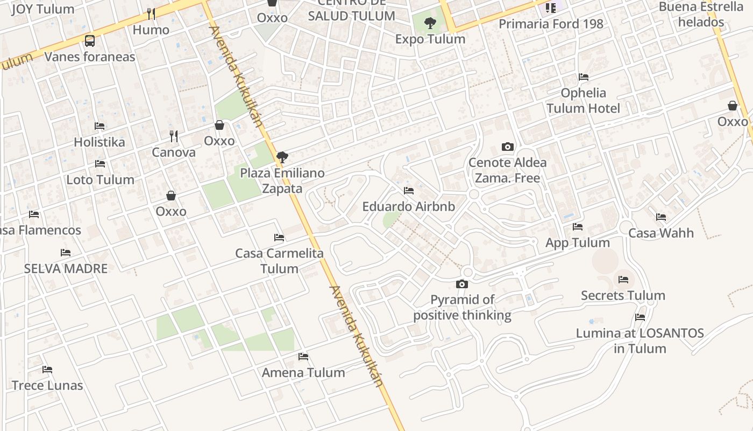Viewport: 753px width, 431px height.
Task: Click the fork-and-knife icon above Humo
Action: pos(151,13)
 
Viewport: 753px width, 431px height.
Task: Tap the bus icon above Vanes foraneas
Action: pos(90,40)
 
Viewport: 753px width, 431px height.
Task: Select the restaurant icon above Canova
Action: pos(173,136)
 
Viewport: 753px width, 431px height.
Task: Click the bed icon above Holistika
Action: pos(100,126)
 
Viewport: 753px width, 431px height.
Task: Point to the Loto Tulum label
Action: pos(100,179)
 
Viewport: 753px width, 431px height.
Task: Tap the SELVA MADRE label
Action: pos(66,268)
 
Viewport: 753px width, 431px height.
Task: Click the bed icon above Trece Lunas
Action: pos(47,370)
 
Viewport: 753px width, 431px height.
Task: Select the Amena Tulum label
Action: pos(303,372)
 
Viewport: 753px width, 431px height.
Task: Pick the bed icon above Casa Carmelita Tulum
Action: pos(279,237)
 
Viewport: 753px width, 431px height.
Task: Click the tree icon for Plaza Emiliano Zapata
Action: pos(282,157)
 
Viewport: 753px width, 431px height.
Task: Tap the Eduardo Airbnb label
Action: pos(409,206)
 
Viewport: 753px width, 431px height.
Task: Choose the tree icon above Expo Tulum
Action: pos(430,23)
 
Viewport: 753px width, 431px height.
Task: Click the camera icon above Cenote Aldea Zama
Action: pos(507,147)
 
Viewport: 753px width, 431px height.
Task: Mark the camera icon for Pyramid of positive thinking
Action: pos(462,284)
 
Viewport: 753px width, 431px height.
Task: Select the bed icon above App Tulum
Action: pos(578,227)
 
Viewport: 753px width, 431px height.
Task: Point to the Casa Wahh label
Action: pos(661,233)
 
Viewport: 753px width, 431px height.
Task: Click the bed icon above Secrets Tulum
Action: pos(623,279)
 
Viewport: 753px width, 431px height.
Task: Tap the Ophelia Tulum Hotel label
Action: pos(583,101)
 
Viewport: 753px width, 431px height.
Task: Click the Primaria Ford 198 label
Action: pos(551,24)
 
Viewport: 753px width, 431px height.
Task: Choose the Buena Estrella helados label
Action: pos(701,15)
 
